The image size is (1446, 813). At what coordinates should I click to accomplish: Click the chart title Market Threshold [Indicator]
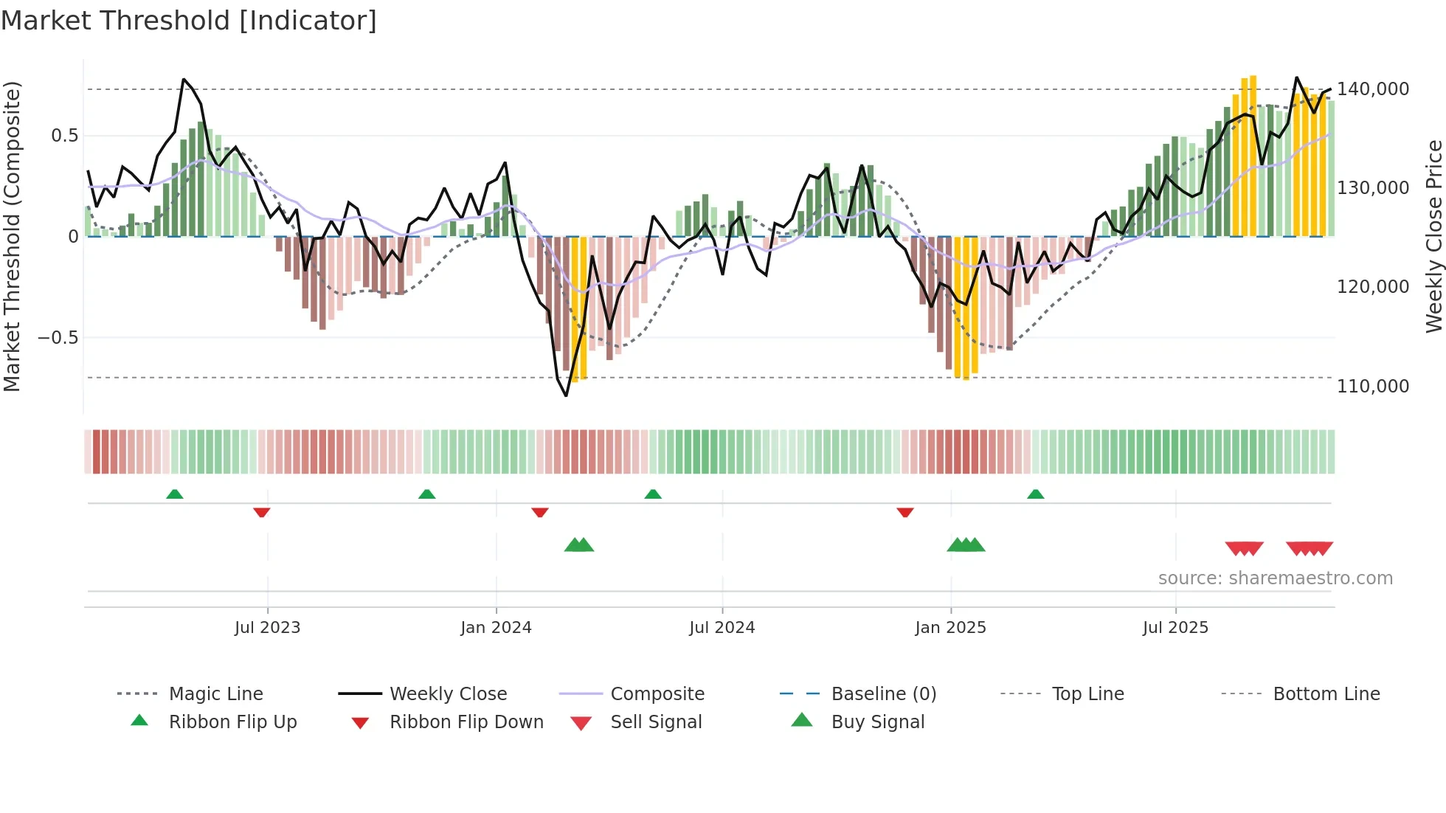coord(189,21)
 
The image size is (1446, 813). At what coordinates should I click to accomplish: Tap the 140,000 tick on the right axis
coord(1372,89)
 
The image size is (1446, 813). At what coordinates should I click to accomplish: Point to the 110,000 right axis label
coord(1372,386)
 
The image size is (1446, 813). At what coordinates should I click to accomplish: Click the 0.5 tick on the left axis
coord(64,136)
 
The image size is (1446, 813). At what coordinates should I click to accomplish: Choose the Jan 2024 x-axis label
coord(496,628)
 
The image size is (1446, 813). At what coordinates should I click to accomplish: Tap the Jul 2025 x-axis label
coord(1175,628)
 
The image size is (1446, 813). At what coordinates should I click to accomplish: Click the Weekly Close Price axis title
coord(1433,236)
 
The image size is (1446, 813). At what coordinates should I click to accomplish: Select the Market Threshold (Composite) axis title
coord(12,236)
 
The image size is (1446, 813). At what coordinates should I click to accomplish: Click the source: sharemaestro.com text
coord(1275,578)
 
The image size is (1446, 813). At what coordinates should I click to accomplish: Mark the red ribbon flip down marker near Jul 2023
coord(261,512)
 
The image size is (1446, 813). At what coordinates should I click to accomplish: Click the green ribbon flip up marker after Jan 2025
coord(1035,494)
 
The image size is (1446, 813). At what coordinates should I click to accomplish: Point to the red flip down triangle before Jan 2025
coord(905,512)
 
